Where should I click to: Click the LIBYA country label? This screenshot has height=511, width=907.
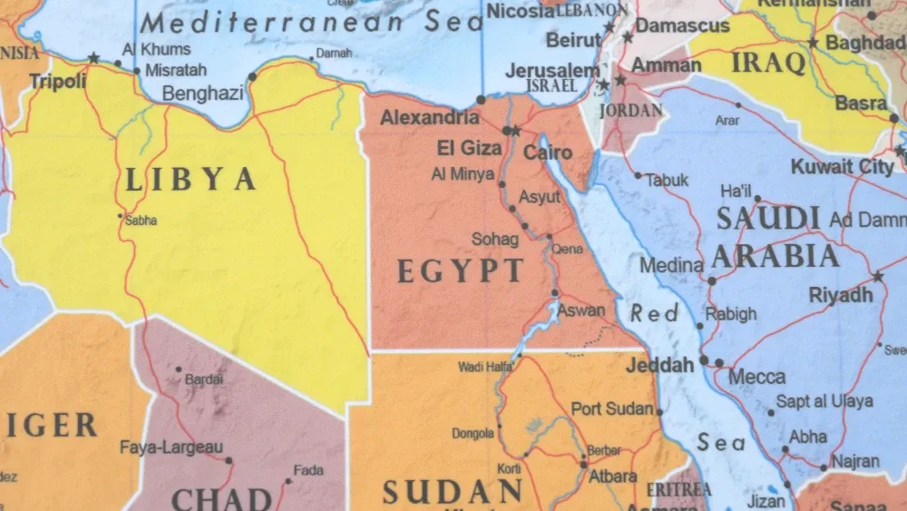point(190,179)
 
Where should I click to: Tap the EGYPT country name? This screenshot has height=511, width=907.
point(461,270)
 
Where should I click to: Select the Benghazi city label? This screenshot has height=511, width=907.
point(202,93)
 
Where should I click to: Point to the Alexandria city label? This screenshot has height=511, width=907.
point(430,118)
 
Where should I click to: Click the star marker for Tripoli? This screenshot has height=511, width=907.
point(93,58)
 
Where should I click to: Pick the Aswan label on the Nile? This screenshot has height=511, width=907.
point(580,310)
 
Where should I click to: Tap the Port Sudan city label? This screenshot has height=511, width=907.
point(612,408)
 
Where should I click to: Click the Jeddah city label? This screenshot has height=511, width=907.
point(659,365)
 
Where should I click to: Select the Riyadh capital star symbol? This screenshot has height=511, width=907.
point(877,277)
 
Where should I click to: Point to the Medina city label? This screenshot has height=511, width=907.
point(671,266)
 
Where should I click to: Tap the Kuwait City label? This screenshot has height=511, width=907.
point(843,167)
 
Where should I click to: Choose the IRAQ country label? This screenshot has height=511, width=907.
point(768,63)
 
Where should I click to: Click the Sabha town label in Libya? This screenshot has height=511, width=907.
point(141,220)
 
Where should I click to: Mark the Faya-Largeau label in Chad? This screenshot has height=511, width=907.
point(171,447)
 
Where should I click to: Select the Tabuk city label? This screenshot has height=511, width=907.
point(667,180)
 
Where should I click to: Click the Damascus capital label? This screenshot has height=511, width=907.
point(682,25)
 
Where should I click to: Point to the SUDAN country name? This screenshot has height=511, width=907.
point(452,492)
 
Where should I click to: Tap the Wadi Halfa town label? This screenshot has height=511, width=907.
point(485,367)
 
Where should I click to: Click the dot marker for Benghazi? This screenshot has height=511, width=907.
point(252,76)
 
